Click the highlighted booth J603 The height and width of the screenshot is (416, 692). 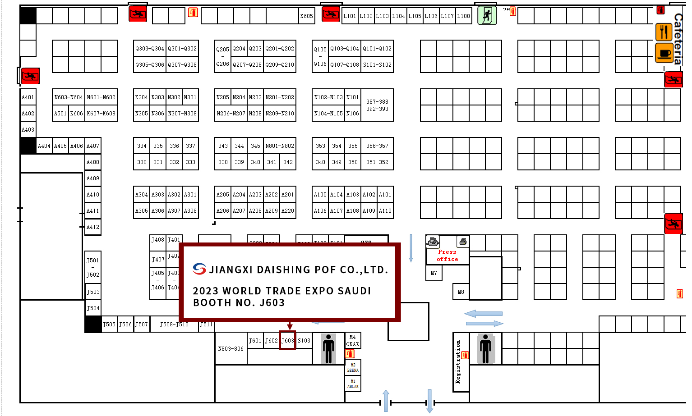pyautogui.click(x=287, y=340)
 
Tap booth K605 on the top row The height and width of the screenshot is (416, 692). pyautogui.click(x=306, y=16)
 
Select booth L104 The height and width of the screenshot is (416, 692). pyautogui.click(x=398, y=16)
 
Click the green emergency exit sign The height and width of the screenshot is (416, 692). pyautogui.click(x=487, y=15)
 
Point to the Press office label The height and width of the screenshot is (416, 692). pyautogui.click(x=447, y=256)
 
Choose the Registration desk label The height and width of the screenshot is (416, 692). pyautogui.click(x=458, y=362)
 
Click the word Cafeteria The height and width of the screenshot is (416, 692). pyautogui.click(x=678, y=38)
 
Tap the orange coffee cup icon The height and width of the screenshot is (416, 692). pyautogui.click(x=664, y=54)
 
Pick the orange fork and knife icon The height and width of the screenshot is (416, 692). pyautogui.click(x=664, y=32)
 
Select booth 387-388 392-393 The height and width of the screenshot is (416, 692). pyautogui.click(x=377, y=105)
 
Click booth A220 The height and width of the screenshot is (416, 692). pyautogui.click(x=288, y=210)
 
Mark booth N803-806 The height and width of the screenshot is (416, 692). pyautogui.click(x=231, y=348)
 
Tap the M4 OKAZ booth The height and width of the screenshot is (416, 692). pyautogui.click(x=352, y=340)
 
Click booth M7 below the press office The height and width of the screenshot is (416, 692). pyautogui.click(x=434, y=273)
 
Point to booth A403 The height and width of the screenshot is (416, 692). pyautogui.click(x=28, y=129)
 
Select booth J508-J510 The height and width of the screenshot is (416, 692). pyautogui.click(x=174, y=324)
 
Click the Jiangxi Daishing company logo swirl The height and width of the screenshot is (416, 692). pyautogui.click(x=199, y=269)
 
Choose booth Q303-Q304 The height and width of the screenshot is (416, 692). pyautogui.click(x=150, y=48)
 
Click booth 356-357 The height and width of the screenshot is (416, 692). pyautogui.click(x=377, y=146)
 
